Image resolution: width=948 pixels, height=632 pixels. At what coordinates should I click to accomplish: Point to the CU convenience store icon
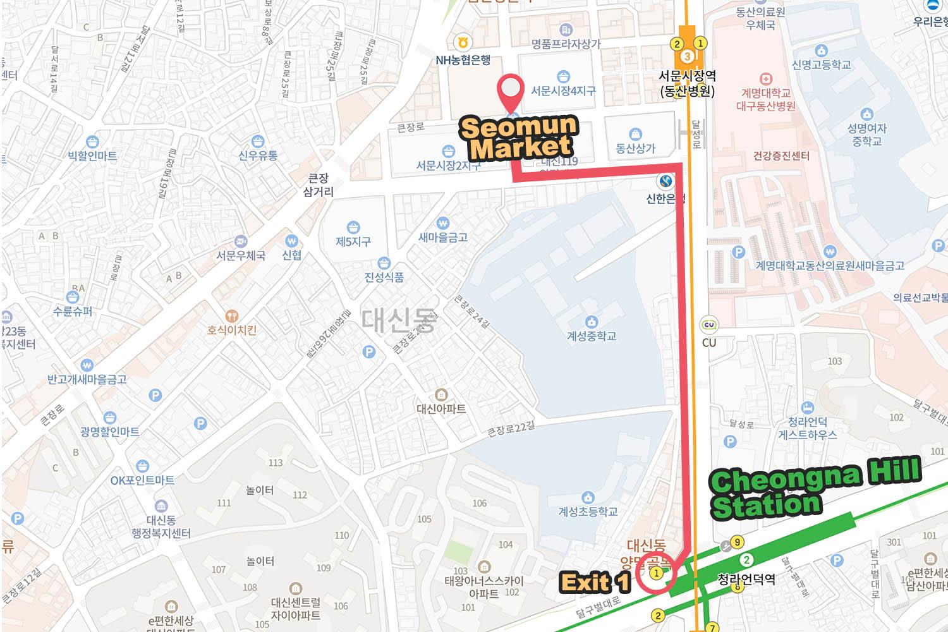pos(709,325)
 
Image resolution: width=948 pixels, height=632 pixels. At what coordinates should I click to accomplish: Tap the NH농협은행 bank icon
pos(463,43)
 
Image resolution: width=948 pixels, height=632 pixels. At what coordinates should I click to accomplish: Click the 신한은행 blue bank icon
pos(665,182)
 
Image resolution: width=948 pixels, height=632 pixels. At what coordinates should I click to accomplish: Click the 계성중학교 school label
pos(591,336)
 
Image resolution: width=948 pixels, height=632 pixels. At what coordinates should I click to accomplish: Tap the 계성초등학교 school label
pos(588,511)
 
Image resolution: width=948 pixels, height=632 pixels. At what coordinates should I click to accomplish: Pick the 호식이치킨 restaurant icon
pos(232,315)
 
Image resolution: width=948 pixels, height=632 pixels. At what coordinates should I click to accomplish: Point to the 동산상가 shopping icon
pos(635,134)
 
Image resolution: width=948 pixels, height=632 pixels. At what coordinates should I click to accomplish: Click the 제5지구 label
pos(353,241)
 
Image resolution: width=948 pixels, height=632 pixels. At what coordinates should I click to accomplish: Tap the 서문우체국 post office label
pos(241,255)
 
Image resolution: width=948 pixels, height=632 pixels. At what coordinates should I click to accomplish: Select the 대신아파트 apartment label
pos(441,409)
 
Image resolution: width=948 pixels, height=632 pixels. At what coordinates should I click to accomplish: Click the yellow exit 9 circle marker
pos(736,542)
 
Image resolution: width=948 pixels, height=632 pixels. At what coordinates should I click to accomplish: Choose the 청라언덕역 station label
pos(746,579)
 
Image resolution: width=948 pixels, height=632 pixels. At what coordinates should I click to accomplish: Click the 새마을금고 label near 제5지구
pos(443,237)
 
